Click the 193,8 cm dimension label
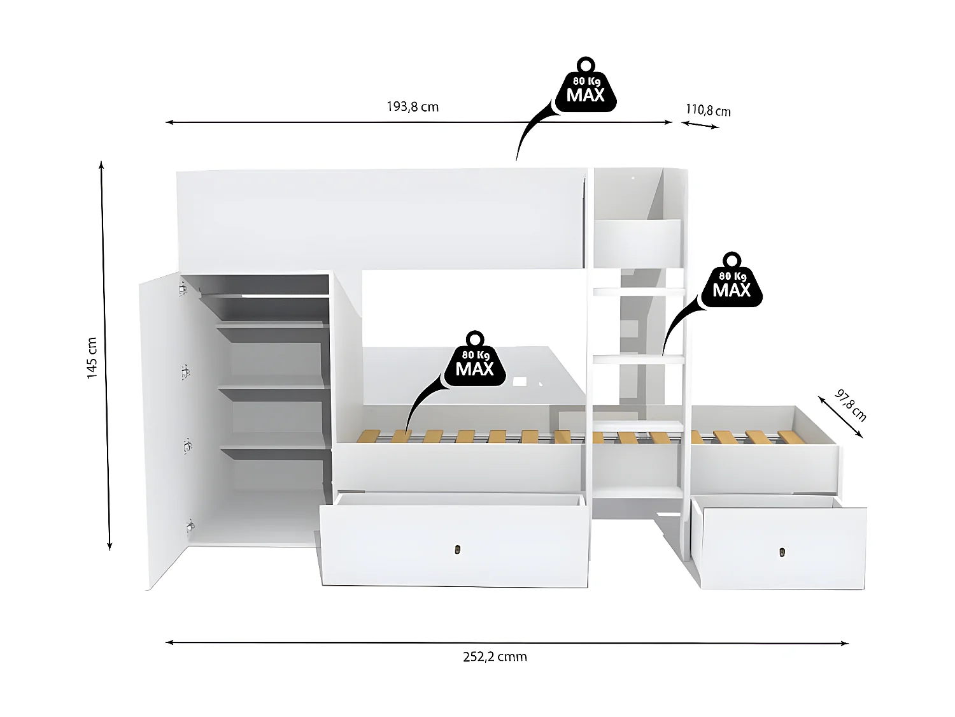[x=413, y=106]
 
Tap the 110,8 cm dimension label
[x=708, y=110]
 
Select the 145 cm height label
[x=92, y=358]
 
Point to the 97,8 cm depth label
[x=851, y=406]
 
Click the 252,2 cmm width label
[x=495, y=656]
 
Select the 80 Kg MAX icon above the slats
[x=475, y=361]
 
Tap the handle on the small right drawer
[x=782, y=552]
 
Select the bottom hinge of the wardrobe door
[x=189, y=526]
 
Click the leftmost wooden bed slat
[x=367, y=436]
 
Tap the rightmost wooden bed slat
[x=790, y=437]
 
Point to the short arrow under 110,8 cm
[x=700, y=124]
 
